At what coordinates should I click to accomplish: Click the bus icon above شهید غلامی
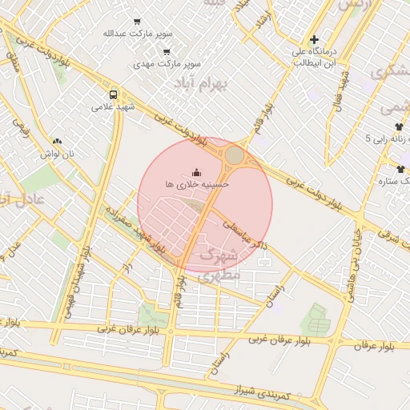pos(113,93)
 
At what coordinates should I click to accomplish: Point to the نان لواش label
pos(58,153)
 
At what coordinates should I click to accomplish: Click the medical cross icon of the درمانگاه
pos(314,39)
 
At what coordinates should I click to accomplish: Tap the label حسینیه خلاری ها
pos(197,184)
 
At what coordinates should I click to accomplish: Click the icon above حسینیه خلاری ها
pos(197,171)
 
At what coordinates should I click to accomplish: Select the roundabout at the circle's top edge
pos(235,155)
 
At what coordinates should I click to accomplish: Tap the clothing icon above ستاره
pos(400,169)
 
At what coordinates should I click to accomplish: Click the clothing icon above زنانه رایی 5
pos(399,127)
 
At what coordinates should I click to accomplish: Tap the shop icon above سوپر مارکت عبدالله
pos(136,22)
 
